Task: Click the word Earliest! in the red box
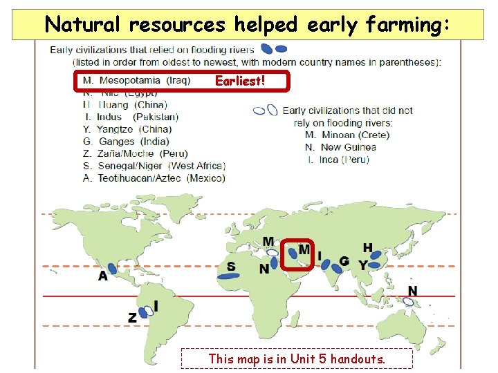point(240,82)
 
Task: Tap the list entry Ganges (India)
point(124,142)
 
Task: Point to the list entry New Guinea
point(340,147)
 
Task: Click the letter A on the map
point(103,276)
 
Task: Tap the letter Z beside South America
point(132,318)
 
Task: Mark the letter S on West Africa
point(231,266)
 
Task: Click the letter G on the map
point(344,262)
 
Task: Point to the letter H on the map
point(368,248)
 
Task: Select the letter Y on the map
point(362,265)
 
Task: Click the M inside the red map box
point(304,249)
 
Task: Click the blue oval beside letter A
point(114,269)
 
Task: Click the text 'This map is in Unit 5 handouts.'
point(297,358)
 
